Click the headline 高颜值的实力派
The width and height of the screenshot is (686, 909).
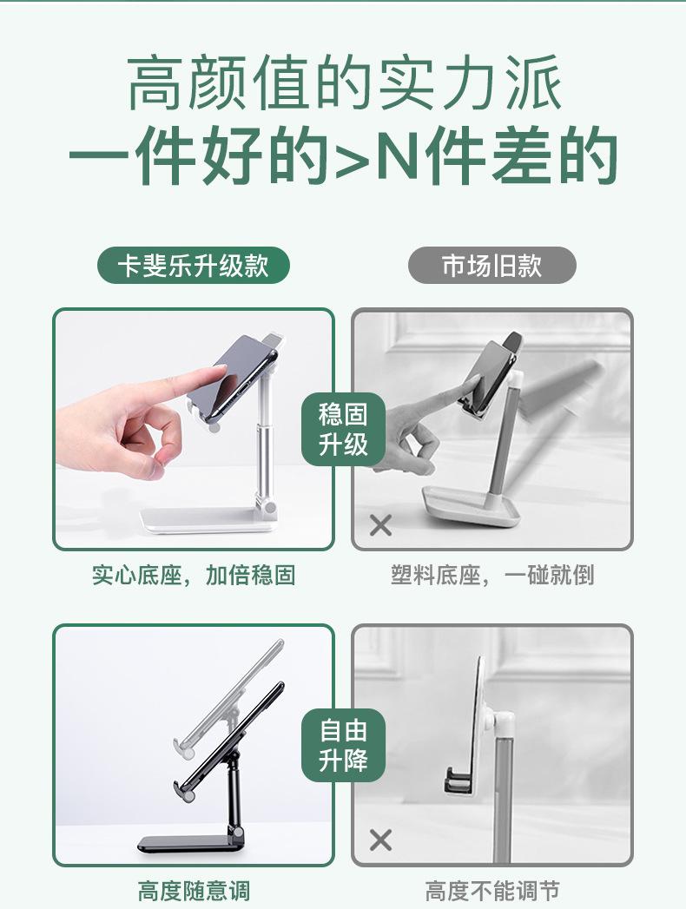(345, 82)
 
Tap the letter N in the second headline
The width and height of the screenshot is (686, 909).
(399, 156)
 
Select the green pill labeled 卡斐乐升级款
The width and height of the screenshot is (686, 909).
(193, 266)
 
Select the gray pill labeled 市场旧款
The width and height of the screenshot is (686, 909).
(492, 266)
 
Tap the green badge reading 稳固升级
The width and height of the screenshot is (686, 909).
(343, 430)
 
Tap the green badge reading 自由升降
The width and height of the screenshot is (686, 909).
(343, 745)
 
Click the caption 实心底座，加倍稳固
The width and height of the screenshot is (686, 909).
(194, 575)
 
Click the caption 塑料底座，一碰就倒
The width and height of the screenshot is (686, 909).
(492, 575)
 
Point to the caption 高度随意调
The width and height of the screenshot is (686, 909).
(194, 891)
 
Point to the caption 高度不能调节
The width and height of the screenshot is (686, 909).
(492, 891)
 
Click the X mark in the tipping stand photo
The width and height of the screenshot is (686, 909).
(380, 525)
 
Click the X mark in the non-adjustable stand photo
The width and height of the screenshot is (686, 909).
(380, 840)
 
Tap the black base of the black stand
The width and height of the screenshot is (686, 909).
(188, 844)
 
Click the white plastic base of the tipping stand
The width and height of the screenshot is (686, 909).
(471, 506)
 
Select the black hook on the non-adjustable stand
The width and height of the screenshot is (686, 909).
(458, 781)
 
